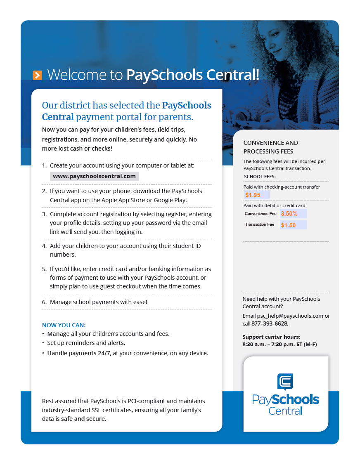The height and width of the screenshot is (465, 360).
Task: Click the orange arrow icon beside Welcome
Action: [x=37, y=75]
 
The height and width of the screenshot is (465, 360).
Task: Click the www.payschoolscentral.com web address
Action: [x=94, y=176]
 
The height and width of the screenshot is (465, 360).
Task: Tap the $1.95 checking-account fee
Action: [x=253, y=195]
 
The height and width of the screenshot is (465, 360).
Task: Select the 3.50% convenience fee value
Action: [x=289, y=214]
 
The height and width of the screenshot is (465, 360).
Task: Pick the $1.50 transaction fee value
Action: [x=288, y=225]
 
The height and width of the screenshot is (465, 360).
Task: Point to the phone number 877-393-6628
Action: [x=269, y=323]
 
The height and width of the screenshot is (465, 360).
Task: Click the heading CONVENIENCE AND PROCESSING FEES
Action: [x=270, y=147]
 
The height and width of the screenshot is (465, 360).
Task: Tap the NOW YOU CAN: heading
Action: [x=64, y=325]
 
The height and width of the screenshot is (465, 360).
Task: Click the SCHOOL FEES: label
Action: [x=260, y=177]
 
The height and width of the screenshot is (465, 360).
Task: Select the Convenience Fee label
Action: [x=261, y=214]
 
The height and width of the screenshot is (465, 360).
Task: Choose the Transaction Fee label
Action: [x=259, y=224]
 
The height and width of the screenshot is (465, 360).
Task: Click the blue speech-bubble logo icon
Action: [x=285, y=382]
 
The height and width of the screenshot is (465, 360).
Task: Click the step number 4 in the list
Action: [x=44, y=246]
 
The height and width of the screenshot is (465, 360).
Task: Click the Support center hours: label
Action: [x=271, y=337]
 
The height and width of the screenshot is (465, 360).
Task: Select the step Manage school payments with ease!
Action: [x=98, y=302]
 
